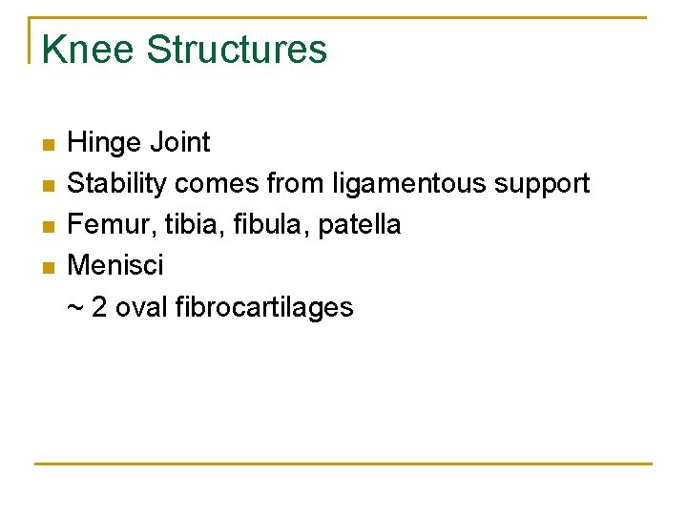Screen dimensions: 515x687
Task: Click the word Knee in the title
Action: pyautogui.click(x=88, y=50)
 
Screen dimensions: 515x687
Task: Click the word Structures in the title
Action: pyautogui.click(x=237, y=50)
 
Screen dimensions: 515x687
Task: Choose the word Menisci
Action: pyautogui.click(x=115, y=265)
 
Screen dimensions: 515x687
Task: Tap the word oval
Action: pyautogui.click(x=142, y=307)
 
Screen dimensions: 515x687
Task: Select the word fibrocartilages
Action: pyautogui.click(x=264, y=307)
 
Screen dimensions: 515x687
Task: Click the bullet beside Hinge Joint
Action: pyautogui.click(x=49, y=146)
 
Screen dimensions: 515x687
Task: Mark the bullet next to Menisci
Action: pyautogui.click(x=49, y=268)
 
